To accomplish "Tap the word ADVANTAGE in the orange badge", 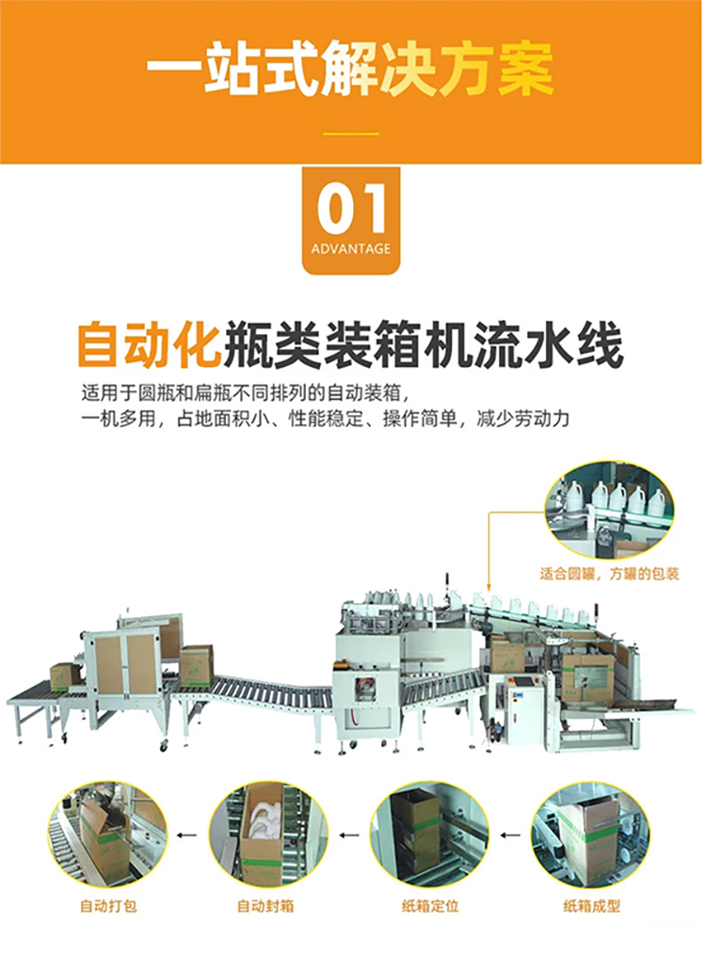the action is (351, 249).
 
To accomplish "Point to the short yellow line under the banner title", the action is (352, 134).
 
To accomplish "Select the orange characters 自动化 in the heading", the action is (149, 343).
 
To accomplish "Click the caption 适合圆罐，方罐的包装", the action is (610, 574).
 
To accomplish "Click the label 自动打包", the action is (108, 906).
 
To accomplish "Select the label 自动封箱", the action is (265, 906).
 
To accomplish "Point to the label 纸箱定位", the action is (430, 906).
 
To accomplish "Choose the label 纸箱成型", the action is (592, 906).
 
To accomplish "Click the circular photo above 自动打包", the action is (107, 834).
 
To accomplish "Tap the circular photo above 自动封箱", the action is (268, 834).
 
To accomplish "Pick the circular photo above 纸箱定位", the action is (429, 834).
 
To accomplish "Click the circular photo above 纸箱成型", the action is (590, 834).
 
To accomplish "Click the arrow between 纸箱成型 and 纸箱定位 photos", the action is (510, 835).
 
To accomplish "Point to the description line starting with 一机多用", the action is (325, 420).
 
